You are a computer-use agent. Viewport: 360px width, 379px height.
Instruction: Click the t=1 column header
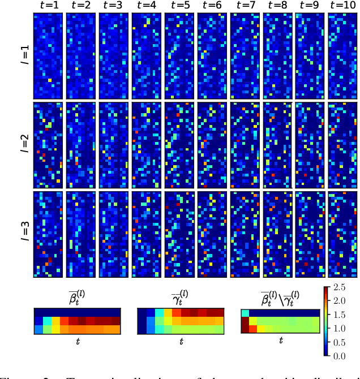[48, 6]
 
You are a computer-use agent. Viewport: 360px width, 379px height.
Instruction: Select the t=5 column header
[179, 6]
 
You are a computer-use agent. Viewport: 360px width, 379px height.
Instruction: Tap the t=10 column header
[342, 6]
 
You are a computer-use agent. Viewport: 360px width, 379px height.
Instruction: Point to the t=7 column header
[245, 6]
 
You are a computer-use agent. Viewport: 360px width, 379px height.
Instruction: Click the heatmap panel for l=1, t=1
[48, 55]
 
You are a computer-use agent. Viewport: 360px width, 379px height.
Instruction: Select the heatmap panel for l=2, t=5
[179, 144]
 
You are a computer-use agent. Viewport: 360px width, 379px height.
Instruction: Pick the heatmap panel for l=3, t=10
[342, 234]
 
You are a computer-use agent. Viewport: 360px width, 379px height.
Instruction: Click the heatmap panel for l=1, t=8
[277, 55]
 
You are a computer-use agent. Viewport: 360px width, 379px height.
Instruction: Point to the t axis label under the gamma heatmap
[181, 341]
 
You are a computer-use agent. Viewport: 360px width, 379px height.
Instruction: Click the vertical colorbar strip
[327, 321]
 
